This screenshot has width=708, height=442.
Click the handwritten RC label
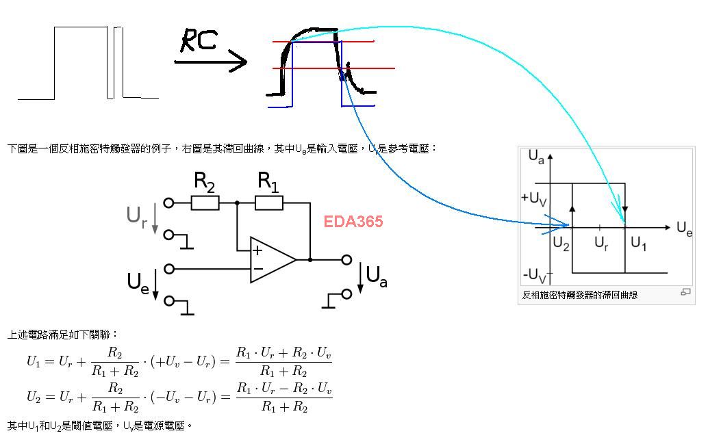(x=198, y=40)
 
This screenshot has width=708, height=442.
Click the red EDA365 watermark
(x=353, y=222)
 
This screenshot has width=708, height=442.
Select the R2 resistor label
(x=205, y=182)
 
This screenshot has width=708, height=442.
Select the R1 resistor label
(x=268, y=182)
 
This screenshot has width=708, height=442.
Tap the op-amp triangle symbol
(x=270, y=260)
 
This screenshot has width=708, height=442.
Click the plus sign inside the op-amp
(x=257, y=250)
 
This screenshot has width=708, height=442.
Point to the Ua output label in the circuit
(x=377, y=276)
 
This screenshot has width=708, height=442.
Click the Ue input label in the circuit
(x=138, y=282)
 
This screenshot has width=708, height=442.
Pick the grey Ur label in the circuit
(x=136, y=216)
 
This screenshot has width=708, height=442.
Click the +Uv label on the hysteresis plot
(x=534, y=198)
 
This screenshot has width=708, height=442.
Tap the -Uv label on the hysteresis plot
(x=535, y=275)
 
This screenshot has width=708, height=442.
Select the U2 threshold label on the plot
(x=561, y=244)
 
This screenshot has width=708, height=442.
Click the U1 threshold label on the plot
(x=638, y=244)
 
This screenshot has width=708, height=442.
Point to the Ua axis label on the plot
(x=536, y=157)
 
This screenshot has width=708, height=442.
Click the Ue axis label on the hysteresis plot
(x=684, y=229)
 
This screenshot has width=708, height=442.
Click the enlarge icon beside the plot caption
(x=685, y=292)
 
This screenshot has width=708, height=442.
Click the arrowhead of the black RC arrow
(x=239, y=62)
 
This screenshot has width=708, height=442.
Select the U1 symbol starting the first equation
(x=34, y=361)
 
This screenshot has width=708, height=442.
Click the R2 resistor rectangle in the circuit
(x=205, y=203)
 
